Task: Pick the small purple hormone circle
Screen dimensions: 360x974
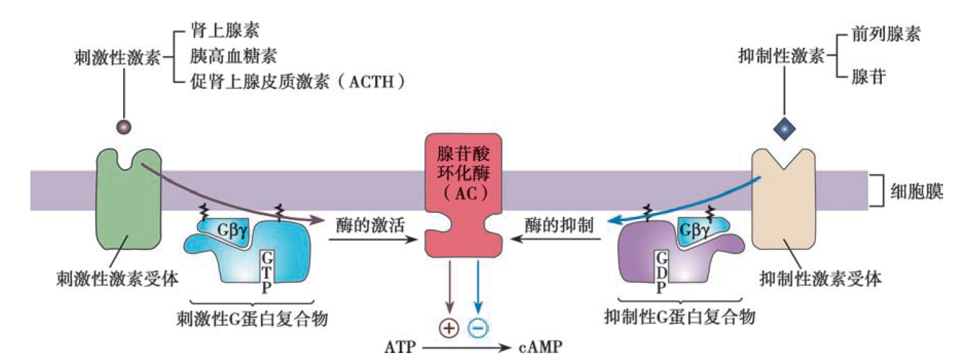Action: tap(123, 128)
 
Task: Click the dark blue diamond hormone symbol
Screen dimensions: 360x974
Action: tap(785, 129)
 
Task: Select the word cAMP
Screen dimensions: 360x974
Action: tap(540, 347)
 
